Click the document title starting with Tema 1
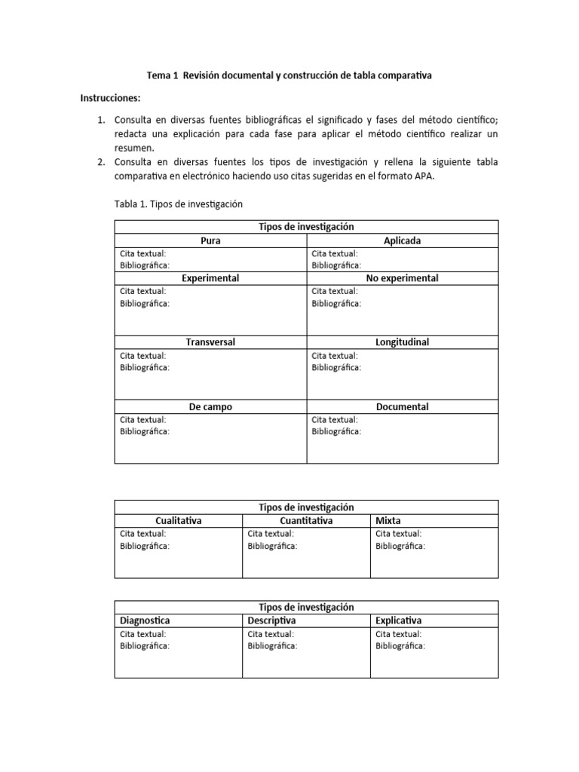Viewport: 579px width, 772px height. pyautogui.click(x=289, y=75)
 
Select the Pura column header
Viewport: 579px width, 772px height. pyautogui.click(x=210, y=240)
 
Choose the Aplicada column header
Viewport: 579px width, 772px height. pyautogui.click(x=402, y=240)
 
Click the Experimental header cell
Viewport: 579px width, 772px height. pyautogui.click(x=210, y=278)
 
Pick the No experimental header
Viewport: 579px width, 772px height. pyautogui.click(x=402, y=278)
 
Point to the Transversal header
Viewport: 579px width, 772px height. pyautogui.click(x=210, y=342)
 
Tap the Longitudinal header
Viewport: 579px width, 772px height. pyautogui.click(x=402, y=342)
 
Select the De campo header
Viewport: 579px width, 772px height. pyautogui.click(x=210, y=406)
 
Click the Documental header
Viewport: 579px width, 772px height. pyautogui.click(x=402, y=406)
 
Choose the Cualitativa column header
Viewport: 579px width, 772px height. pyautogui.click(x=178, y=520)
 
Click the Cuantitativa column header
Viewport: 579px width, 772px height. pyautogui.click(x=306, y=520)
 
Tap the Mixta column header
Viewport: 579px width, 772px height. pyautogui.click(x=388, y=520)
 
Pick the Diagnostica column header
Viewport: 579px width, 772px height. pyautogui.click(x=145, y=620)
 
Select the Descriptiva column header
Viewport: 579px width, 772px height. pyautogui.click(x=271, y=620)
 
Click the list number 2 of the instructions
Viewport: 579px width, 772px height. pyautogui.click(x=101, y=162)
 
